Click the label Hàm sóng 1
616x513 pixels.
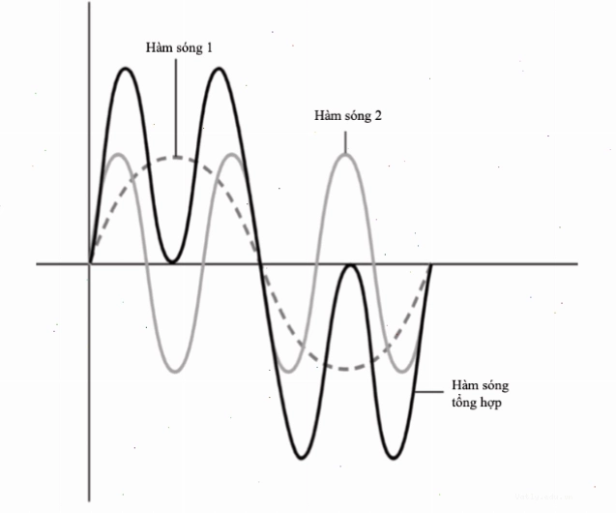coord(179,47)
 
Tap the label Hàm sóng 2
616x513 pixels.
coord(348,115)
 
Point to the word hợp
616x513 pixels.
coord(490,404)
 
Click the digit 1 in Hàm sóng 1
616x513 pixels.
coord(209,47)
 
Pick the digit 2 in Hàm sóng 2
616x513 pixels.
coord(377,115)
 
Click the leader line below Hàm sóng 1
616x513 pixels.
coord(176,107)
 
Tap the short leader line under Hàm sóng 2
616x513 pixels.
coord(345,142)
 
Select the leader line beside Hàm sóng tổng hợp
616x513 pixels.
coord(429,392)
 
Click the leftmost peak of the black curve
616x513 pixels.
coord(126,69)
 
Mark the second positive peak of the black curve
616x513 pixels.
coord(219,69)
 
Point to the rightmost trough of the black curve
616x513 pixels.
coord(393,458)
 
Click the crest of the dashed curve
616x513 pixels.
coord(176,158)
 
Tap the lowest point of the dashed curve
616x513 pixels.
coord(344,369)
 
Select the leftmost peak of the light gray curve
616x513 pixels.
coord(118,154)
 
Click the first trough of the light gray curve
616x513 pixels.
coord(175,371)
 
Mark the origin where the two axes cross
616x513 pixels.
coord(90,263)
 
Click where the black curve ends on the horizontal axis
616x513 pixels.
coord(431,263)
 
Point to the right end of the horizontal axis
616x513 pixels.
coord(577,263)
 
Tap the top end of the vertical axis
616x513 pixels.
coord(89,2)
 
